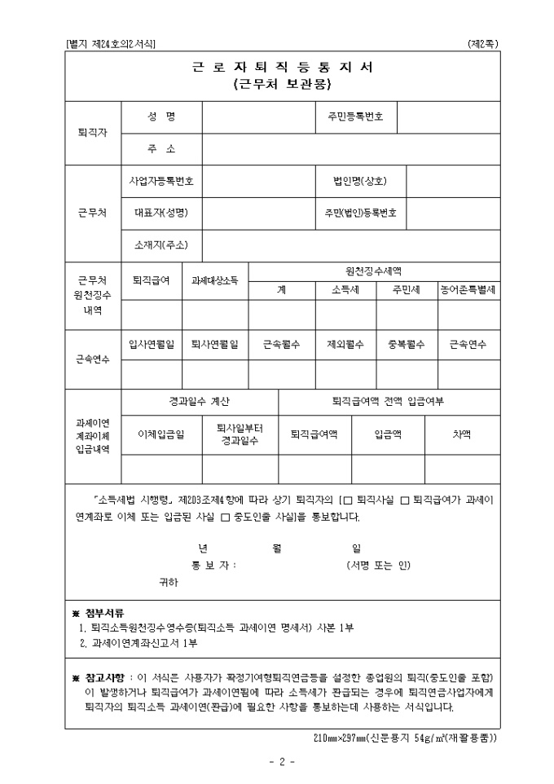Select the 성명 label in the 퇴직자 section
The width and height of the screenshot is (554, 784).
tap(161, 117)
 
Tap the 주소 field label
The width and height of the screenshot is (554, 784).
tap(161, 148)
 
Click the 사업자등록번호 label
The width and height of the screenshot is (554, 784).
tap(161, 181)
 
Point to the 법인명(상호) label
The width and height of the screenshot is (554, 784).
tap(360, 181)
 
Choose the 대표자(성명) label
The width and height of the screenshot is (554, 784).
tap(161, 213)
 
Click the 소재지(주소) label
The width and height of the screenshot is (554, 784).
tap(161, 244)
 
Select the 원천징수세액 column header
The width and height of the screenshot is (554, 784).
tap(374, 271)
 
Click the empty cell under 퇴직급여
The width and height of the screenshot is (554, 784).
tap(151, 313)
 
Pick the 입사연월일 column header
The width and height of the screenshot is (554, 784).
tap(151, 344)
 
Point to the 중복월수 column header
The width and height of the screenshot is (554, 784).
tap(406, 344)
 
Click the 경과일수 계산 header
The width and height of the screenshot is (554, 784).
tap(199, 401)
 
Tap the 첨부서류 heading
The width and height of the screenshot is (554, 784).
tap(107, 612)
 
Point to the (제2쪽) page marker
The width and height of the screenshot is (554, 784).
tap(483, 43)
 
